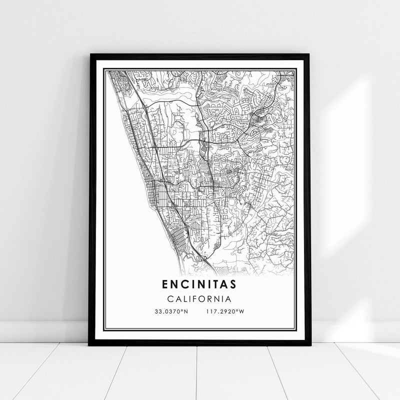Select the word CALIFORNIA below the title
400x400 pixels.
(x=199, y=299)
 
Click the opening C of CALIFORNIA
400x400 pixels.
(x=170, y=299)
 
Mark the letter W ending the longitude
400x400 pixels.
(x=242, y=312)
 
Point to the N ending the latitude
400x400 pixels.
(x=187, y=312)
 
